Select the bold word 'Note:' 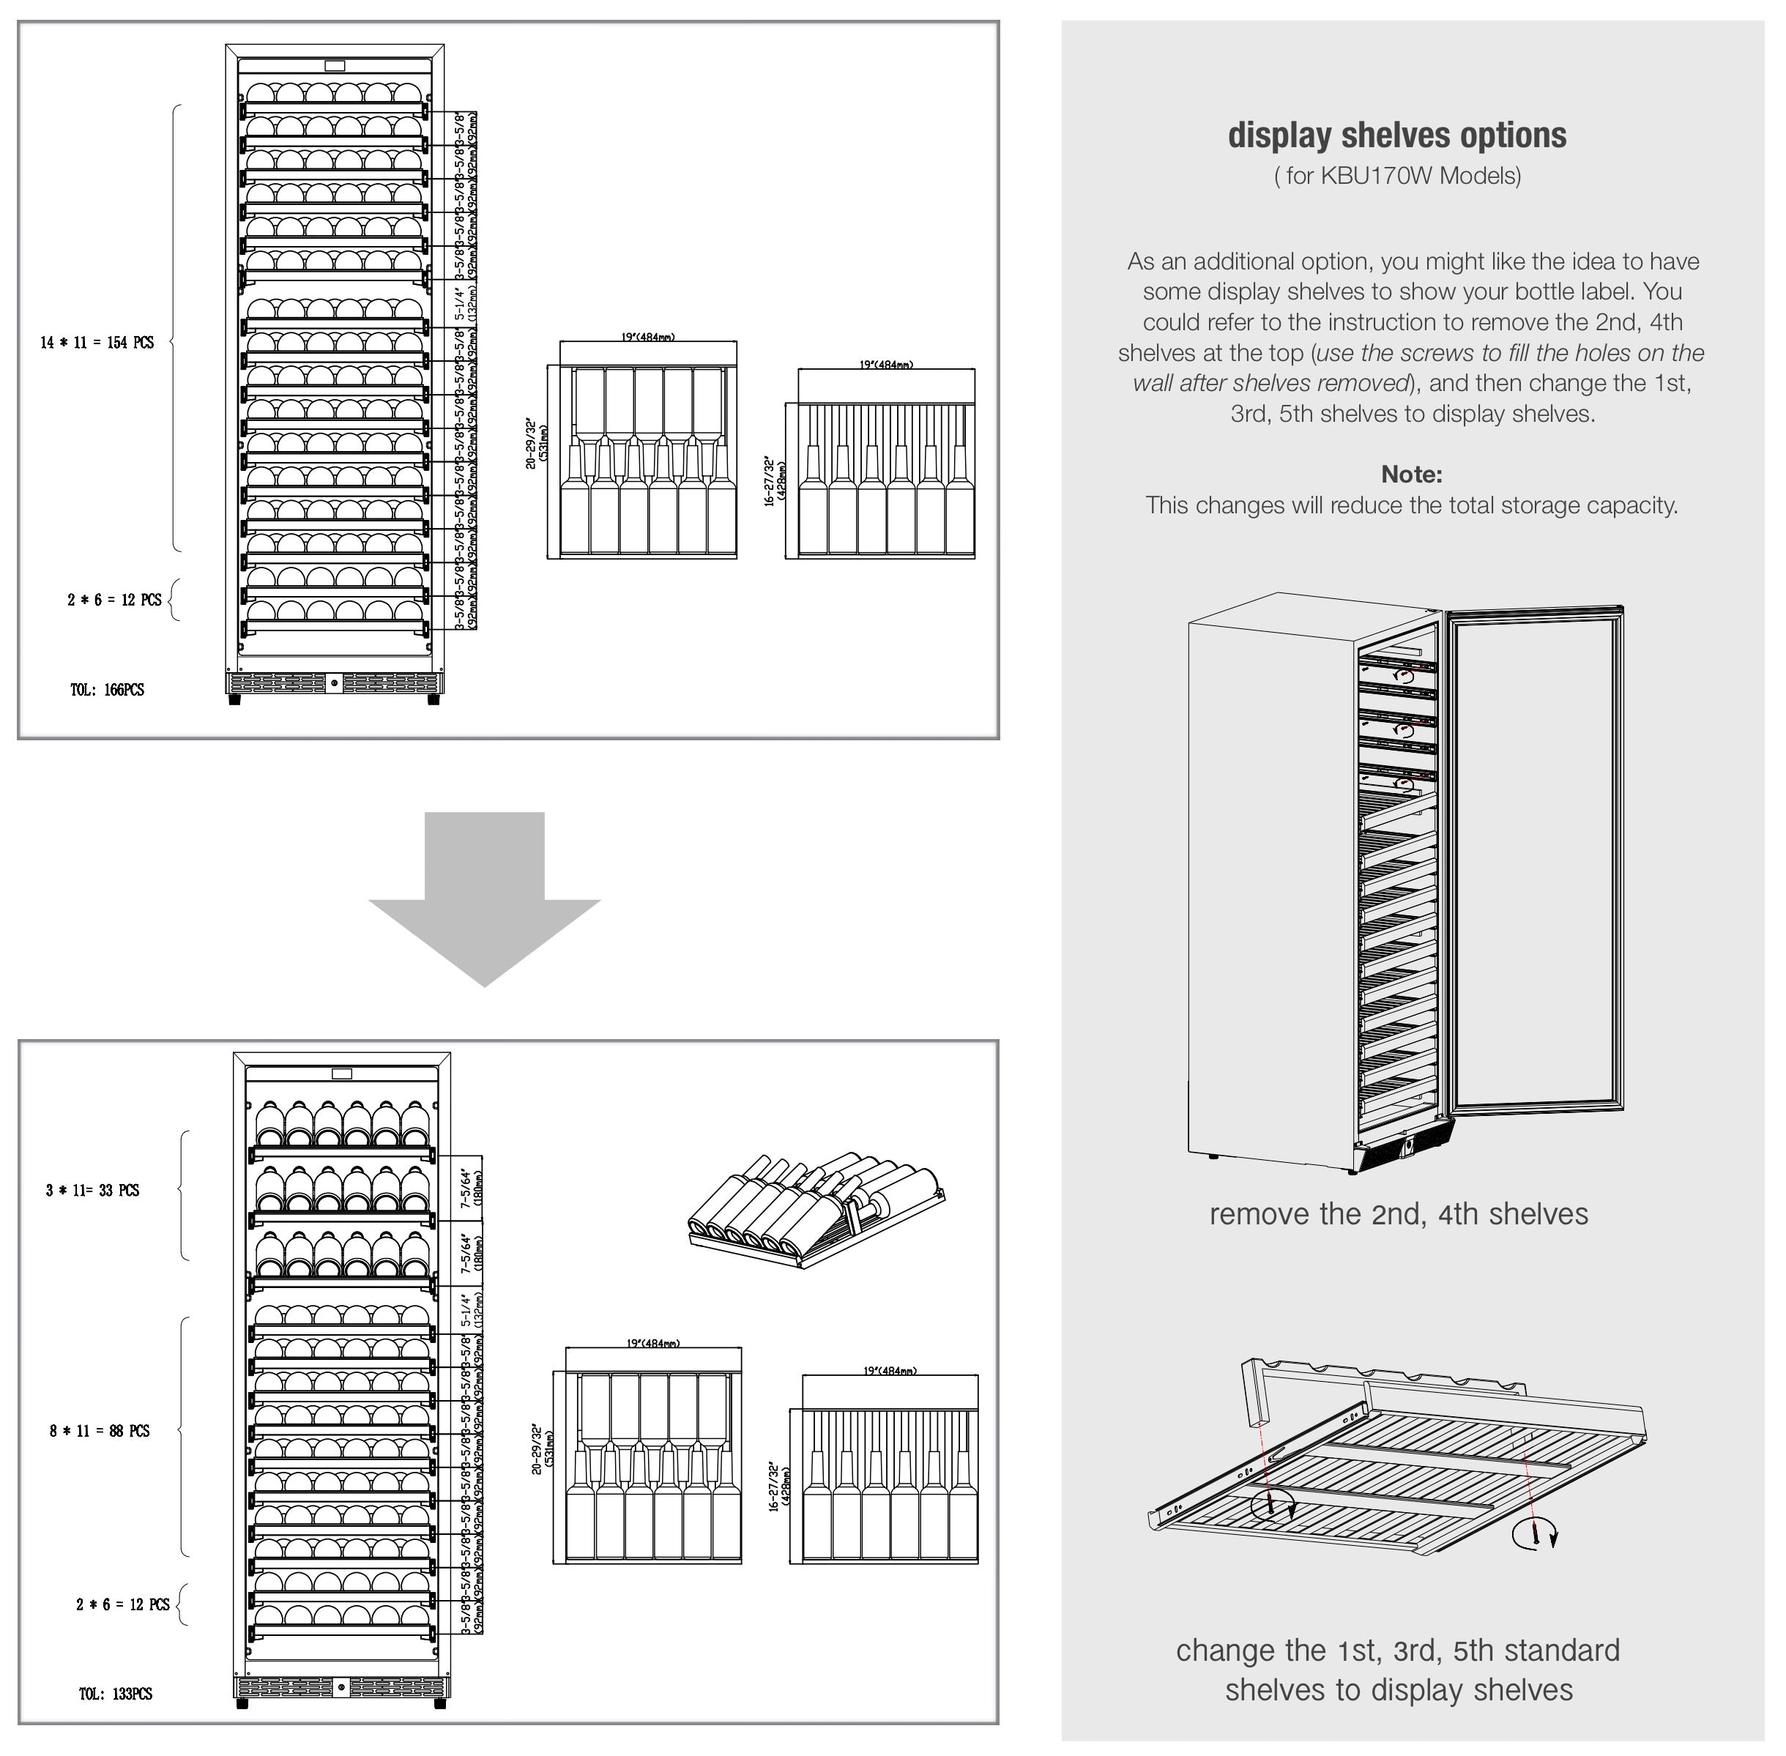point(1411,474)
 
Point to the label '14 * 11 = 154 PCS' point(97,342)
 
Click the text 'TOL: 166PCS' point(107,690)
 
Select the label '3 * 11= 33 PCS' point(92,1190)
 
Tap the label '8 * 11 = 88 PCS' point(99,1430)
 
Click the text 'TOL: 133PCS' point(115,1693)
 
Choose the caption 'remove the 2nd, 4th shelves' point(1398,1213)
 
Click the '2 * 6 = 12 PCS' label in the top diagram point(114,600)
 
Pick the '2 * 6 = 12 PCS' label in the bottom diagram point(122,1604)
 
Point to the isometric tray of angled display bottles point(816,1208)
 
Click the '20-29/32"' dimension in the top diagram point(531,444)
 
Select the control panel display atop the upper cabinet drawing point(335,65)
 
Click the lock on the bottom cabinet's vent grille point(341,1687)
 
